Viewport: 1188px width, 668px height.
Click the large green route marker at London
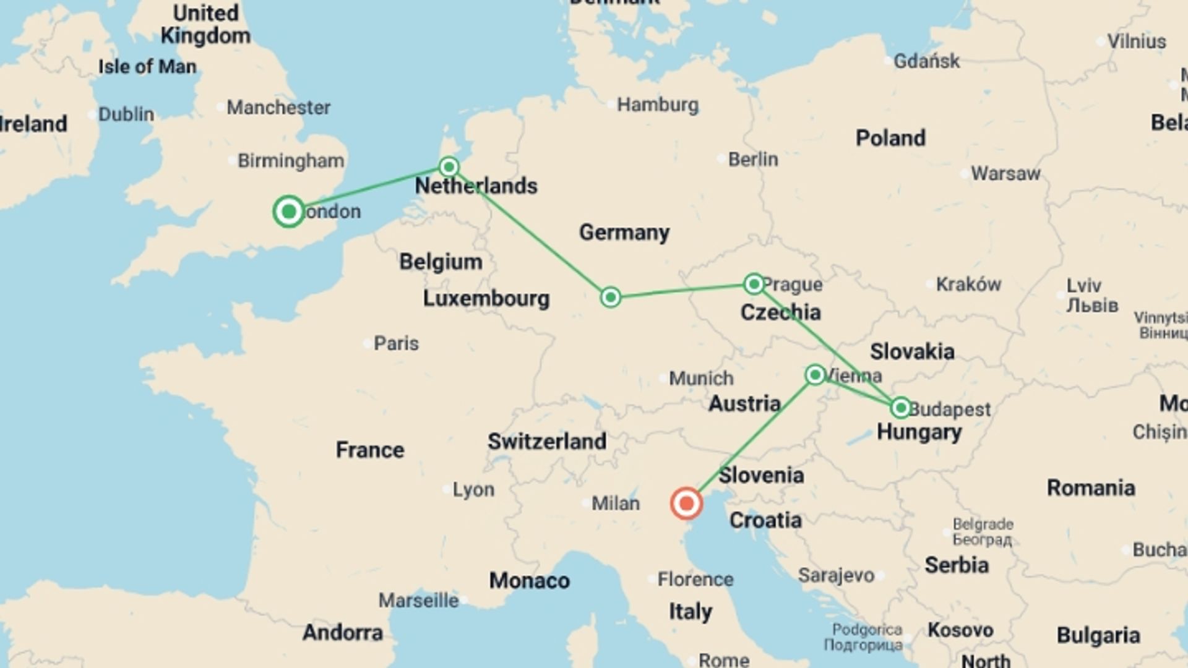(x=288, y=212)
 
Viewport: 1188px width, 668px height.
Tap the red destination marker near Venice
(x=686, y=503)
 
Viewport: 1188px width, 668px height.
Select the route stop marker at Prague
(x=754, y=284)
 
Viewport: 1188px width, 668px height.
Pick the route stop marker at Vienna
(x=815, y=375)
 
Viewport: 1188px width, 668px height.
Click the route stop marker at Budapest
(x=900, y=408)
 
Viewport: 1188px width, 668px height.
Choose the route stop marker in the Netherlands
(x=449, y=166)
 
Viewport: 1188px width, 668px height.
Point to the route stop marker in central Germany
(x=611, y=298)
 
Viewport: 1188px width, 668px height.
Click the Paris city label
(x=396, y=343)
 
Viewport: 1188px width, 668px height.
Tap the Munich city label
(x=701, y=378)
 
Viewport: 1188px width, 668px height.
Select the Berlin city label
(x=753, y=160)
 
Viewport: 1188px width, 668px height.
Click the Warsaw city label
(x=1005, y=174)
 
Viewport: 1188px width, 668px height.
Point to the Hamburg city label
(x=658, y=105)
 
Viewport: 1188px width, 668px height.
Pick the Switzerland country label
(x=547, y=442)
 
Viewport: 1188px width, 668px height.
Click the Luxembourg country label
(x=486, y=299)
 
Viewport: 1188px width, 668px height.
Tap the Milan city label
(x=616, y=503)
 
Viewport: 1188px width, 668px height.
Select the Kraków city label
(x=968, y=285)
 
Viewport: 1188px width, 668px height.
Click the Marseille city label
(x=419, y=601)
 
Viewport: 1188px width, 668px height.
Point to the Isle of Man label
(x=147, y=67)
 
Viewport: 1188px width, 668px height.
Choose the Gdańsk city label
(x=927, y=61)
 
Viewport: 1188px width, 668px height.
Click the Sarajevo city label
(x=837, y=576)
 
